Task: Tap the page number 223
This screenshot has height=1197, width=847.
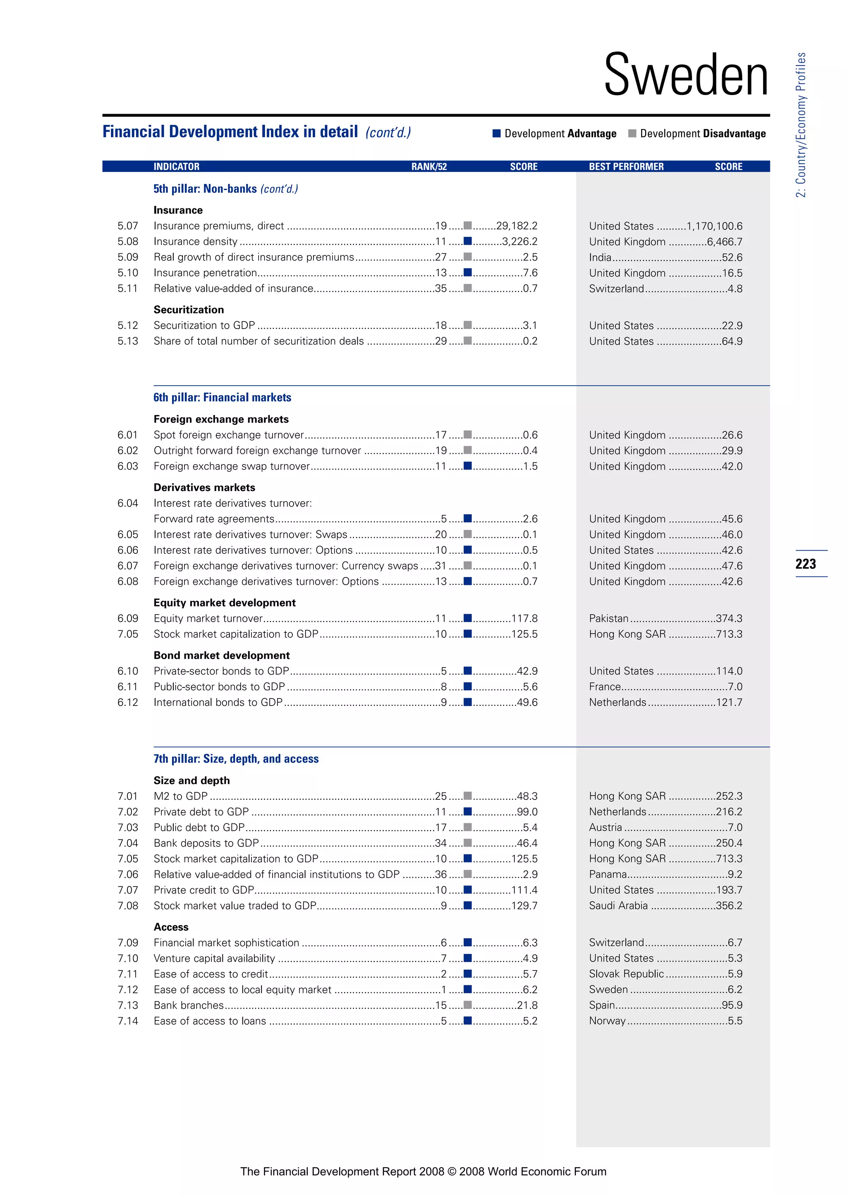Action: coord(805,563)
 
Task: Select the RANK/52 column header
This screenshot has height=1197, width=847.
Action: coord(429,166)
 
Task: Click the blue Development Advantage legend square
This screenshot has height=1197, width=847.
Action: coord(497,134)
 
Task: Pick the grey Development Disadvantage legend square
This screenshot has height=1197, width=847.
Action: coord(632,134)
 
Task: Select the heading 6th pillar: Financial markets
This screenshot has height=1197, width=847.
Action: coord(222,397)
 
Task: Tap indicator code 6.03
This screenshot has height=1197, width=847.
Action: coord(128,466)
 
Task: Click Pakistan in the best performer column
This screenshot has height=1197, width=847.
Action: coord(609,618)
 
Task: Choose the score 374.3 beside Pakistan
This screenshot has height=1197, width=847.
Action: coord(729,618)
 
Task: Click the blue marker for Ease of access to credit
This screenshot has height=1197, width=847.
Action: coord(468,973)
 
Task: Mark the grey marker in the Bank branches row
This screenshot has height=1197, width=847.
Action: coord(468,1005)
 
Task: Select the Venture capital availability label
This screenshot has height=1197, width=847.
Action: coord(214,958)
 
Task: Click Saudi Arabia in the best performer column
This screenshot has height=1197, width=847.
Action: coord(618,906)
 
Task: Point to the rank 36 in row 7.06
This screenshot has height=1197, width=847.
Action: coord(441,874)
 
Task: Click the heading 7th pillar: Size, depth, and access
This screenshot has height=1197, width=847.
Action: coord(236,758)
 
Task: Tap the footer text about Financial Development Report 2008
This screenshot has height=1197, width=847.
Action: coord(423,1171)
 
